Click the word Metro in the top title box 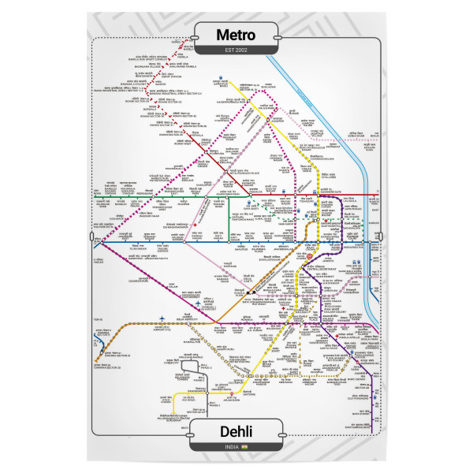pyautogui.click(x=236, y=35)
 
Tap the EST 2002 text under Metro pyautogui.click(x=236, y=51)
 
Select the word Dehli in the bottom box pyautogui.click(x=236, y=431)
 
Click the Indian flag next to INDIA pyautogui.click(x=245, y=449)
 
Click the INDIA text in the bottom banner pyautogui.click(x=231, y=449)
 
